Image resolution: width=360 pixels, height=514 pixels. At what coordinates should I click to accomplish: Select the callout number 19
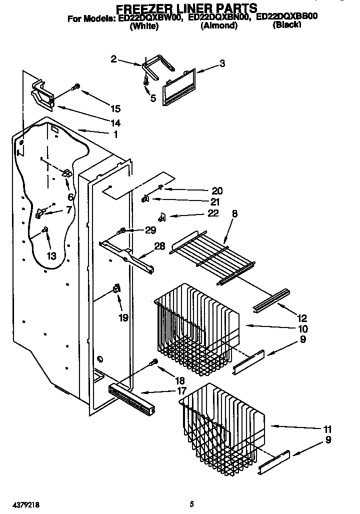pyautogui.click(x=123, y=317)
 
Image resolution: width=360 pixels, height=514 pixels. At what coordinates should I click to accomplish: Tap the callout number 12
pyautogui.click(x=301, y=318)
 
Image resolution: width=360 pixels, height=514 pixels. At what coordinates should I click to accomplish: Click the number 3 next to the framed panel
pyautogui.click(x=222, y=63)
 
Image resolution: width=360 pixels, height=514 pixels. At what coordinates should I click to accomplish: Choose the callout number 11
pyautogui.click(x=327, y=429)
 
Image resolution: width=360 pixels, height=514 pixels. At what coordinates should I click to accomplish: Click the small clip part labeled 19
pyautogui.click(x=117, y=289)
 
